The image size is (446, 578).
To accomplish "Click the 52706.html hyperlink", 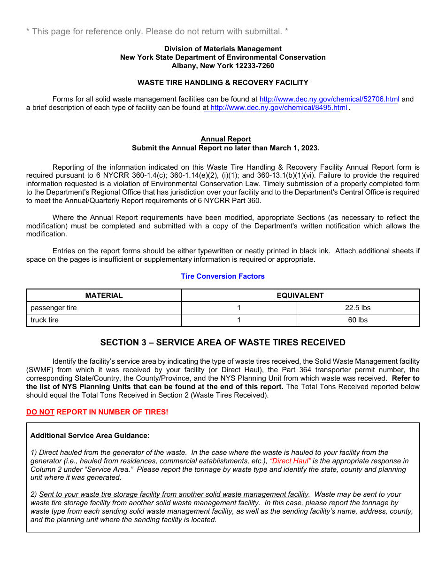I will click(x=329, y=100).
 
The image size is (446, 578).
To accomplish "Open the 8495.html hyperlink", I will click(x=276, y=108).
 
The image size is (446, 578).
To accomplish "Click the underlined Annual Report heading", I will click(x=226, y=139).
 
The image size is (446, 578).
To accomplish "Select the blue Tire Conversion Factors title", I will click(x=223, y=276).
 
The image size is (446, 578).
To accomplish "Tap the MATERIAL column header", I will click(x=104, y=296).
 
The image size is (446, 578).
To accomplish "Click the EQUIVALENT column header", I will click(x=300, y=296).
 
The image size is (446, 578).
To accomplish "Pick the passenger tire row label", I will click(x=54, y=308).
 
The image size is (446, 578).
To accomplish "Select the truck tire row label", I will click(x=45, y=320).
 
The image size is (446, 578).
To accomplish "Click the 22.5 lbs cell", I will click(x=358, y=308).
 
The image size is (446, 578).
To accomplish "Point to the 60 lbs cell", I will click(x=358, y=320).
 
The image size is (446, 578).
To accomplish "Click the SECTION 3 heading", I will click(x=223, y=343).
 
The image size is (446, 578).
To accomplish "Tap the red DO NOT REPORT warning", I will click(x=97, y=412).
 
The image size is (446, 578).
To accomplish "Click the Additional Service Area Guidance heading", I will click(x=90, y=436).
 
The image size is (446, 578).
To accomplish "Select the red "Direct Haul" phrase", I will click(x=291, y=461).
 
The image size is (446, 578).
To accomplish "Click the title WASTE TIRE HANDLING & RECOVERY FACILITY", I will click(x=223, y=83).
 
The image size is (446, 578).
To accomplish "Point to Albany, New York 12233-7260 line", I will click(x=223, y=66).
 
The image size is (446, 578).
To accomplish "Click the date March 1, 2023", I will click(x=293, y=148).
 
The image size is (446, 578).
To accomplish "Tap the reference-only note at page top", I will click(x=157, y=31).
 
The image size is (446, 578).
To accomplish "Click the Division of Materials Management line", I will click(x=223, y=49).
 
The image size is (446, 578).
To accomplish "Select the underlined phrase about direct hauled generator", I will click(x=112, y=453).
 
